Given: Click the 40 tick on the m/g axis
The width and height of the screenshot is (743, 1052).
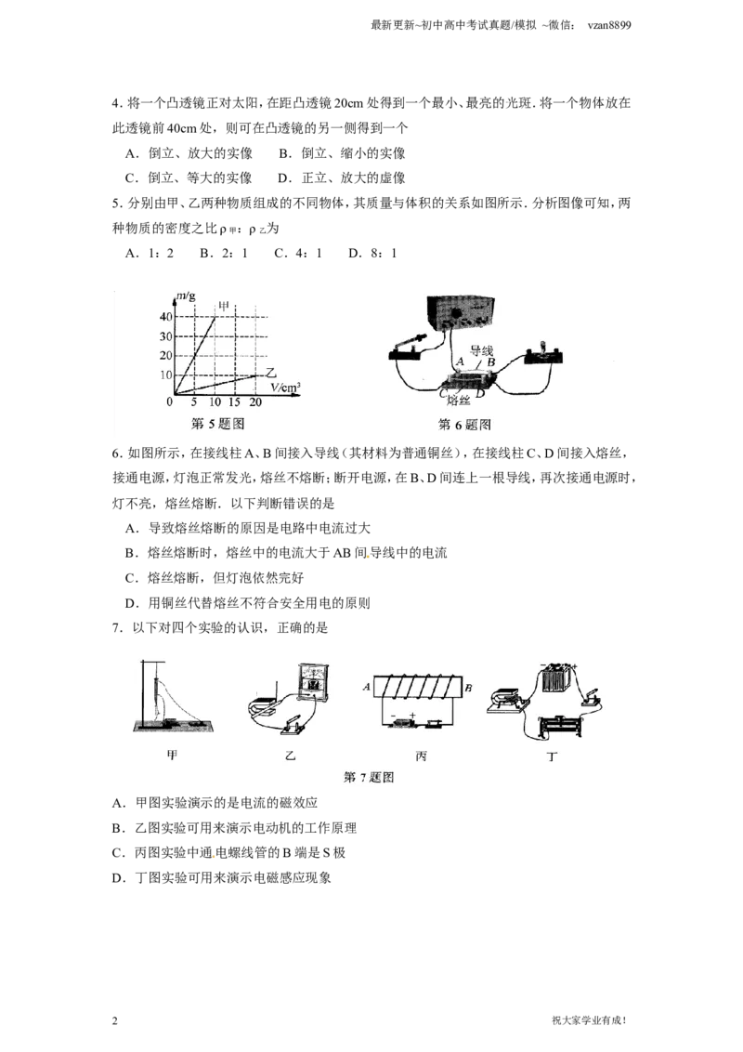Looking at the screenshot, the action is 165,317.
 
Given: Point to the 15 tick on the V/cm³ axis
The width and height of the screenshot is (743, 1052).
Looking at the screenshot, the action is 234,401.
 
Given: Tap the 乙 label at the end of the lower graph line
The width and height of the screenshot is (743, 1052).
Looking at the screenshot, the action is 271,373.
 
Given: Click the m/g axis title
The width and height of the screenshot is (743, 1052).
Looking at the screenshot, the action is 186,296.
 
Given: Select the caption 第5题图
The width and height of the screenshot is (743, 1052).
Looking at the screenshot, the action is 218,424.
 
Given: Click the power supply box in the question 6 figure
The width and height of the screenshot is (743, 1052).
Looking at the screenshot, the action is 460,313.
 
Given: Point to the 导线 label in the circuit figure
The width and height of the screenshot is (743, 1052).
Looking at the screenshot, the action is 481,350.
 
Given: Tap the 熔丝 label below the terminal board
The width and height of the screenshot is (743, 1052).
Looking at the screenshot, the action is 458,401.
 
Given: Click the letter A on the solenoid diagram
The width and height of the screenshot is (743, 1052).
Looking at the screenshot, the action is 366,687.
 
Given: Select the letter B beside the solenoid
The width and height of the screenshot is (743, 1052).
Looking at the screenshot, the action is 468,688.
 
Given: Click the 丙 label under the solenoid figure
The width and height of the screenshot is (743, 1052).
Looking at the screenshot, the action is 421,756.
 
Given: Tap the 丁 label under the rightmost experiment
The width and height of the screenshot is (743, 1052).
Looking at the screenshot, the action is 552,756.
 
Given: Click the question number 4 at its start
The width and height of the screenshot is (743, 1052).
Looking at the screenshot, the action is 117,103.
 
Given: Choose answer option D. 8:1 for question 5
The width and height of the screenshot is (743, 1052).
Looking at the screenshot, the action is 372,253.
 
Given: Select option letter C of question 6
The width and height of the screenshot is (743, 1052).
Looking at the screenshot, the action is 131,578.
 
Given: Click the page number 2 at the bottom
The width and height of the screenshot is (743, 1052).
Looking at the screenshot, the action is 114,1020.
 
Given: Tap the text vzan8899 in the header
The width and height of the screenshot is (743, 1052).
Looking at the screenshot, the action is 609,25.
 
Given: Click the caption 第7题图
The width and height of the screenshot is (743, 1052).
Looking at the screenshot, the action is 369,777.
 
